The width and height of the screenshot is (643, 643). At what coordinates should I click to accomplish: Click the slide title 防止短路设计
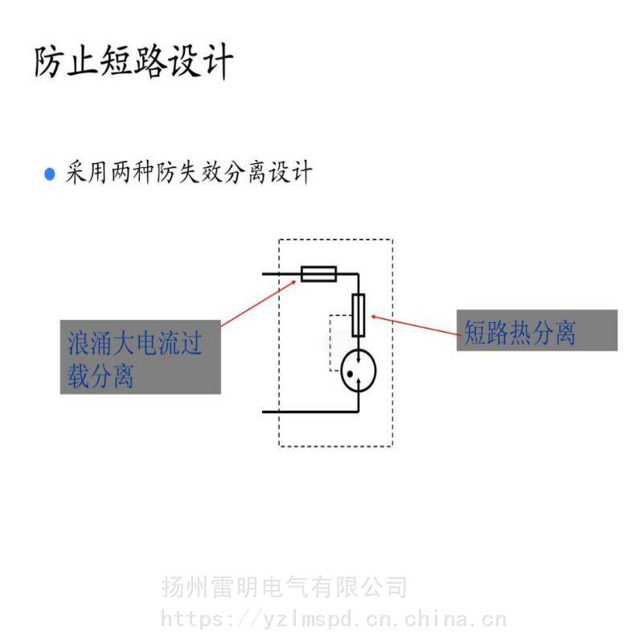(x=133, y=62)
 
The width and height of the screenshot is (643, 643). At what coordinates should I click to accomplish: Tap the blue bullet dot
(x=50, y=174)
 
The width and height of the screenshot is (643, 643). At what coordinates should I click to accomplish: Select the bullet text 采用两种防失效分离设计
(x=189, y=172)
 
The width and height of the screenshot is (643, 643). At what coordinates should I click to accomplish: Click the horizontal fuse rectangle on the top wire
(x=318, y=274)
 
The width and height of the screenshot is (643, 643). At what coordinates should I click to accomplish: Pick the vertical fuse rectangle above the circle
(x=358, y=315)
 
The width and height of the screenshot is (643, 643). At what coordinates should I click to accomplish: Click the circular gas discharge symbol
(x=358, y=371)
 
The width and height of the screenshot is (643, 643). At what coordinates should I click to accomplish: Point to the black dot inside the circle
(x=350, y=374)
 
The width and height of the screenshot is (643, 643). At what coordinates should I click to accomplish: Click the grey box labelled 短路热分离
(x=537, y=330)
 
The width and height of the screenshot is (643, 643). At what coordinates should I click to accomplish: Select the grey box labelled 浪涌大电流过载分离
(x=141, y=357)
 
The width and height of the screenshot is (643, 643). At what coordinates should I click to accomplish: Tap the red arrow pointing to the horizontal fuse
(x=258, y=304)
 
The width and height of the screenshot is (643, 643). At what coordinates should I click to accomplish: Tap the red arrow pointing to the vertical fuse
(x=416, y=326)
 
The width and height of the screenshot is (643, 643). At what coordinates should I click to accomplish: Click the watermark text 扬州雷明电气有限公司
(x=285, y=588)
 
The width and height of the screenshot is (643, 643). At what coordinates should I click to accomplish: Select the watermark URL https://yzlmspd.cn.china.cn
(x=333, y=618)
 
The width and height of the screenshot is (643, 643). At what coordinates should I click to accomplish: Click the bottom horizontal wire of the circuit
(x=310, y=412)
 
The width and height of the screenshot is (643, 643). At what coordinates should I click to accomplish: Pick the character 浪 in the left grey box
(x=79, y=343)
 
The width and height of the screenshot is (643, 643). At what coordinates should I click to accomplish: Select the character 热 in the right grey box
(x=520, y=332)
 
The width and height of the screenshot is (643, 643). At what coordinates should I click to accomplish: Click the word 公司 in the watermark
(x=383, y=588)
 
